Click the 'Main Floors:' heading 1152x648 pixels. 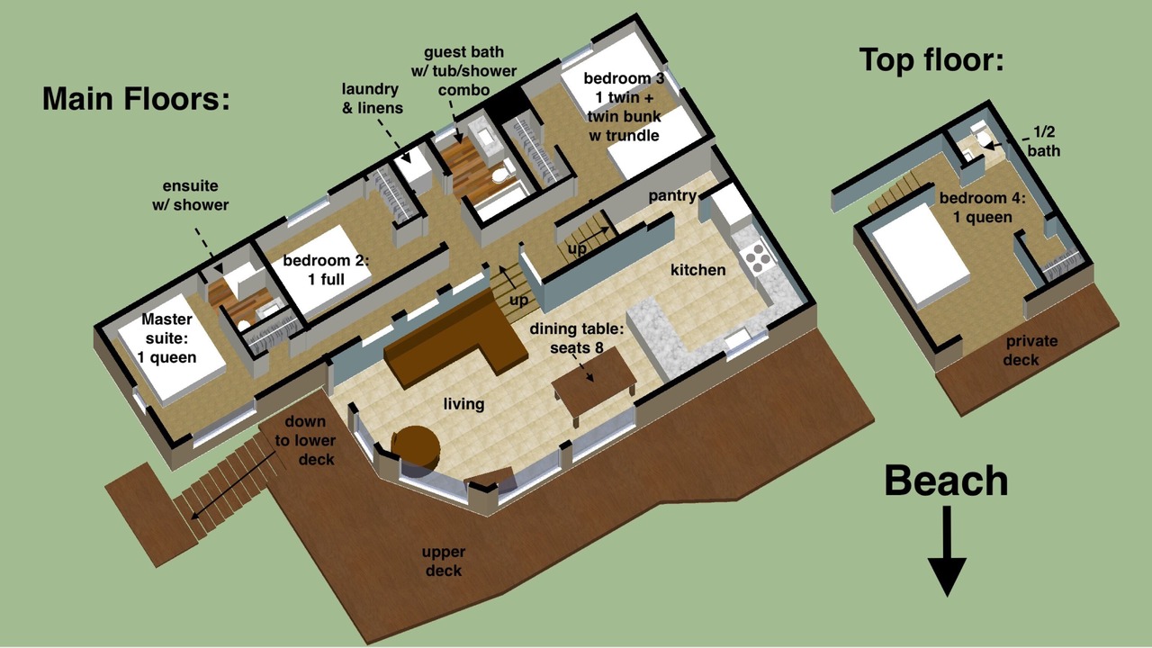(x=136, y=99)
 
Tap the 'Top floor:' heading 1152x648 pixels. (x=931, y=60)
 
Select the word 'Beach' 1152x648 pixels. (x=946, y=481)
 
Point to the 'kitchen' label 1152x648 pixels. (x=697, y=270)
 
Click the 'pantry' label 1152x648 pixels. (x=672, y=196)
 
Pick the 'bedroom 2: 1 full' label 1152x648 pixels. (x=326, y=269)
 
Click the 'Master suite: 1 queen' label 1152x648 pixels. (x=166, y=337)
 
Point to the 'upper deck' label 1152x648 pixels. (x=444, y=561)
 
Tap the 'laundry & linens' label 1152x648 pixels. (x=372, y=98)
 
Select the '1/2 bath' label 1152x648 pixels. (x=1043, y=141)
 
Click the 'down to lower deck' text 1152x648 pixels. (x=305, y=440)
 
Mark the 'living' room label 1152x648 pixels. (x=463, y=404)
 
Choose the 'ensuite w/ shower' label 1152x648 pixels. (x=190, y=195)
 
